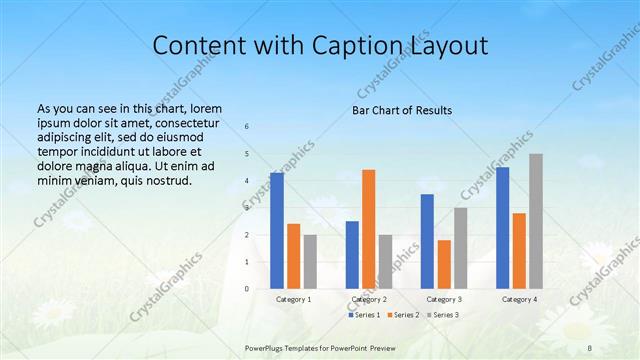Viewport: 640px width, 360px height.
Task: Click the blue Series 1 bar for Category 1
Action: coord(277,230)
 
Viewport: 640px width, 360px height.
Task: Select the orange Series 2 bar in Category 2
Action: coord(369,229)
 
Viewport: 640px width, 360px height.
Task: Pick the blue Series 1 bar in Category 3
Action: coord(427,241)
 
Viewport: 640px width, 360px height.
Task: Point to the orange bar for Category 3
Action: coord(444,264)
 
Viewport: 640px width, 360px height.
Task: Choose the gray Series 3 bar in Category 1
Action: coord(310,261)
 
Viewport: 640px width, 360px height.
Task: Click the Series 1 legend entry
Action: coord(364,315)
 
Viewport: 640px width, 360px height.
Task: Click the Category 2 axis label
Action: coord(369,299)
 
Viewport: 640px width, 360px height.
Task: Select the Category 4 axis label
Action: coord(519,299)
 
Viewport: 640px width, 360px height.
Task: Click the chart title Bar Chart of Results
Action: coord(401,110)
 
